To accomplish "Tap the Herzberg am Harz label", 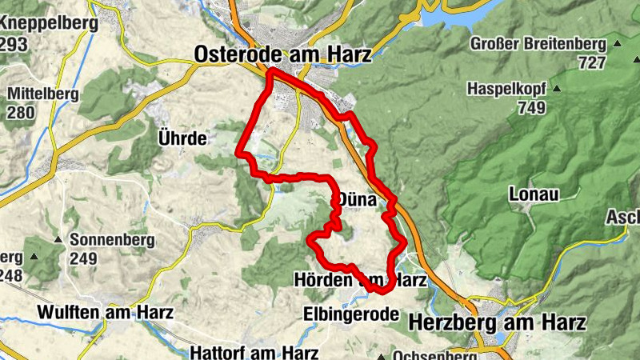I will (x=497, y=322).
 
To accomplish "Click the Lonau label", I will (x=532, y=194).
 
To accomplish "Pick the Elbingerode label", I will (x=350, y=314).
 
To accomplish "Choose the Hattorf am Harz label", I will (x=254, y=352).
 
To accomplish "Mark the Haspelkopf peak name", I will (x=507, y=88).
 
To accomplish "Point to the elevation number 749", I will (x=530, y=106).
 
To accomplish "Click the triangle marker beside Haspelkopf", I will (x=557, y=88).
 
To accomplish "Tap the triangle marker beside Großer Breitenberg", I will (x=617, y=43).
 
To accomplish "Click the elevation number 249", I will (x=82, y=258).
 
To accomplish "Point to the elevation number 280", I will (x=21, y=112).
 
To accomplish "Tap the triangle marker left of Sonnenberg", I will (x=58, y=239).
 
